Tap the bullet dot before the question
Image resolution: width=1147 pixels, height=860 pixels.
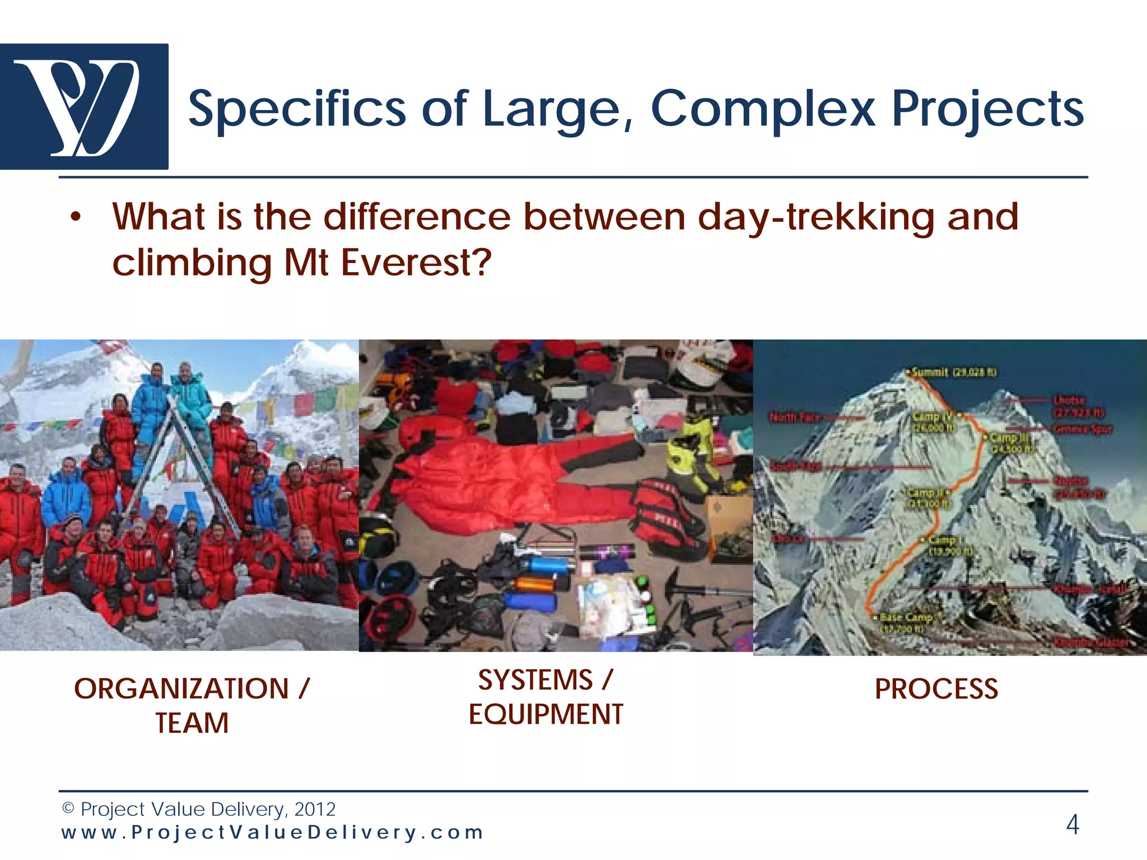click(x=76, y=217)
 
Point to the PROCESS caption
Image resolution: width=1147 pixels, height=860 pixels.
click(x=936, y=689)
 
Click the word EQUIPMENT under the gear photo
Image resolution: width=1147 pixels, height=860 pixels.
click(x=545, y=714)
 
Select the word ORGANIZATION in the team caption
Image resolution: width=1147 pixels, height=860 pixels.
click(x=181, y=689)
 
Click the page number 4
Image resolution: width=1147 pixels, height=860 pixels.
click(x=1072, y=824)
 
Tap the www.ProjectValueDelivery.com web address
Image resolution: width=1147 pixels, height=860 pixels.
click(x=272, y=832)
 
